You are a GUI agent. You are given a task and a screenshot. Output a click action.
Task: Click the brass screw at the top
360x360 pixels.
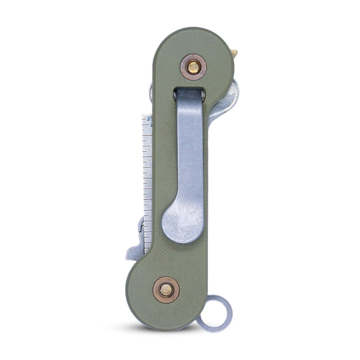(194, 67)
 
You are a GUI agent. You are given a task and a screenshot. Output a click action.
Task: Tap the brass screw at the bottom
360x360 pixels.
(166, 290)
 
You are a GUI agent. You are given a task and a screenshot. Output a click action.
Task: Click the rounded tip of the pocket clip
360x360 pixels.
(180, 225)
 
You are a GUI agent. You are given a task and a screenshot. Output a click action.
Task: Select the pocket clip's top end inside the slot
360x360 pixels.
(190, 95)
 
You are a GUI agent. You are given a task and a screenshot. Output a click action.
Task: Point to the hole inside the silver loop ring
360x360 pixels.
(215, 314)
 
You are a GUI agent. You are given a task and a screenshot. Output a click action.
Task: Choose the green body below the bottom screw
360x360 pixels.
(166, 317)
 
